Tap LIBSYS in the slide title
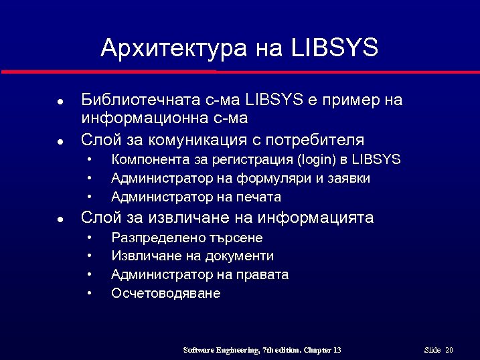click(x=335, y=48)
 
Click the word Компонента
click(x=143, y=160)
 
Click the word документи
click(x=241, y=256)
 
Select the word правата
click(x=265, y=275)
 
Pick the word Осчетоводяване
click(x=165, y=294)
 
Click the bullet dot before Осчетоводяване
click(x=89, y=294)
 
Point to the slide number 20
click(x=449, y=351)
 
